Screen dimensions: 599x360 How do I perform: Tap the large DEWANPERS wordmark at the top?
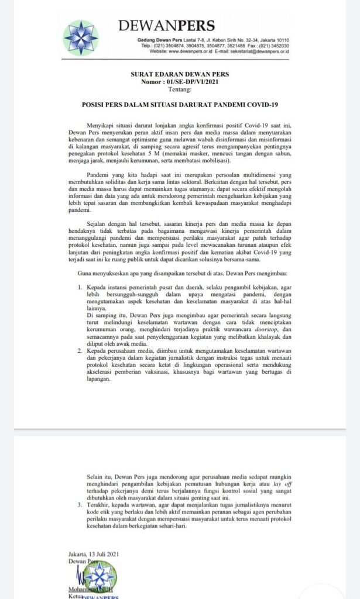point(167,26)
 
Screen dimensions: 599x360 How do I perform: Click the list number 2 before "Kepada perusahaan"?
point(80,350)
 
